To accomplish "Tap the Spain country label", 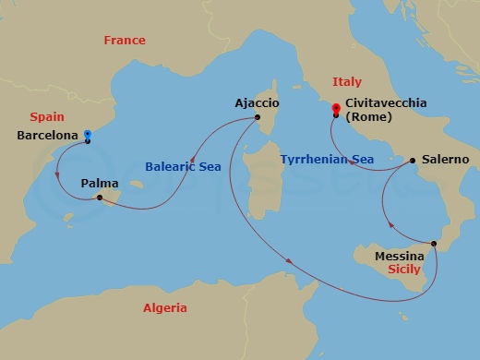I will (46, 117).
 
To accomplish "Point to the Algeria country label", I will (164, 308).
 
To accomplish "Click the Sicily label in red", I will (404, 270).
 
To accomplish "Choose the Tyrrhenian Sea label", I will (327, 160).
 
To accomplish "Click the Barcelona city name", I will (48, 135).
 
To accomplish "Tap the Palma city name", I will (99, 183).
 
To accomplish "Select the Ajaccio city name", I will (258, 103).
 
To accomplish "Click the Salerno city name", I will (444, 160).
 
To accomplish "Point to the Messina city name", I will (400, 256).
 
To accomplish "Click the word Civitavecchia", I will (385, 103).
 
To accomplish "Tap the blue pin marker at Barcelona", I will (87, 135).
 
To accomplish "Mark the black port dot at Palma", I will (99, 198).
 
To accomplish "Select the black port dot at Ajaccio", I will (258, 117).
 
